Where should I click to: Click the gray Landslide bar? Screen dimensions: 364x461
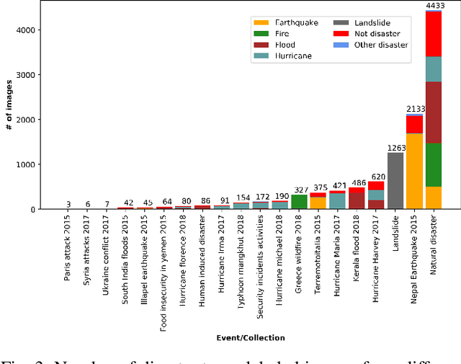click(395, 180)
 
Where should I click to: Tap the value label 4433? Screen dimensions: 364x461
click(434, 6)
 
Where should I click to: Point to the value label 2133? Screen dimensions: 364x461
click(414, 109)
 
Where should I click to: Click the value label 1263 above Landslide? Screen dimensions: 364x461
click(395, 148)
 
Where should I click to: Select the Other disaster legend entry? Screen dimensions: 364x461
click(377, 45)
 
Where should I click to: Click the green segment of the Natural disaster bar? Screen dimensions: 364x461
click(434, 164)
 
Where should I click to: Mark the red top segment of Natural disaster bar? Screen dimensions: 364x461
click(434, 34)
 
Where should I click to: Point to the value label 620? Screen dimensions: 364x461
click(376, 177)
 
